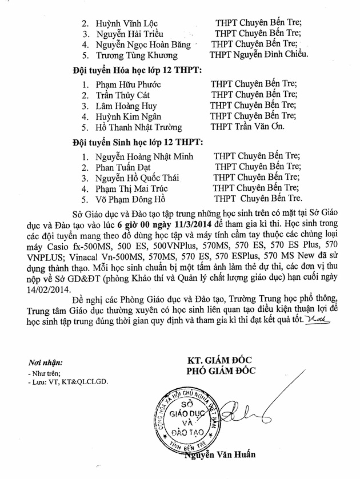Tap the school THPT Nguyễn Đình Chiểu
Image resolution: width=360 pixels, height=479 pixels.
(259, 55)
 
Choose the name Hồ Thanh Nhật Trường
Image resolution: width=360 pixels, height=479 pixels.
(139, 127)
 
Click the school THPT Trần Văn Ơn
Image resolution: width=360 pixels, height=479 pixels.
(247, 126)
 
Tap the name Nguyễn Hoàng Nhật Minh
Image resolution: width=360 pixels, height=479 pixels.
(144, 157)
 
